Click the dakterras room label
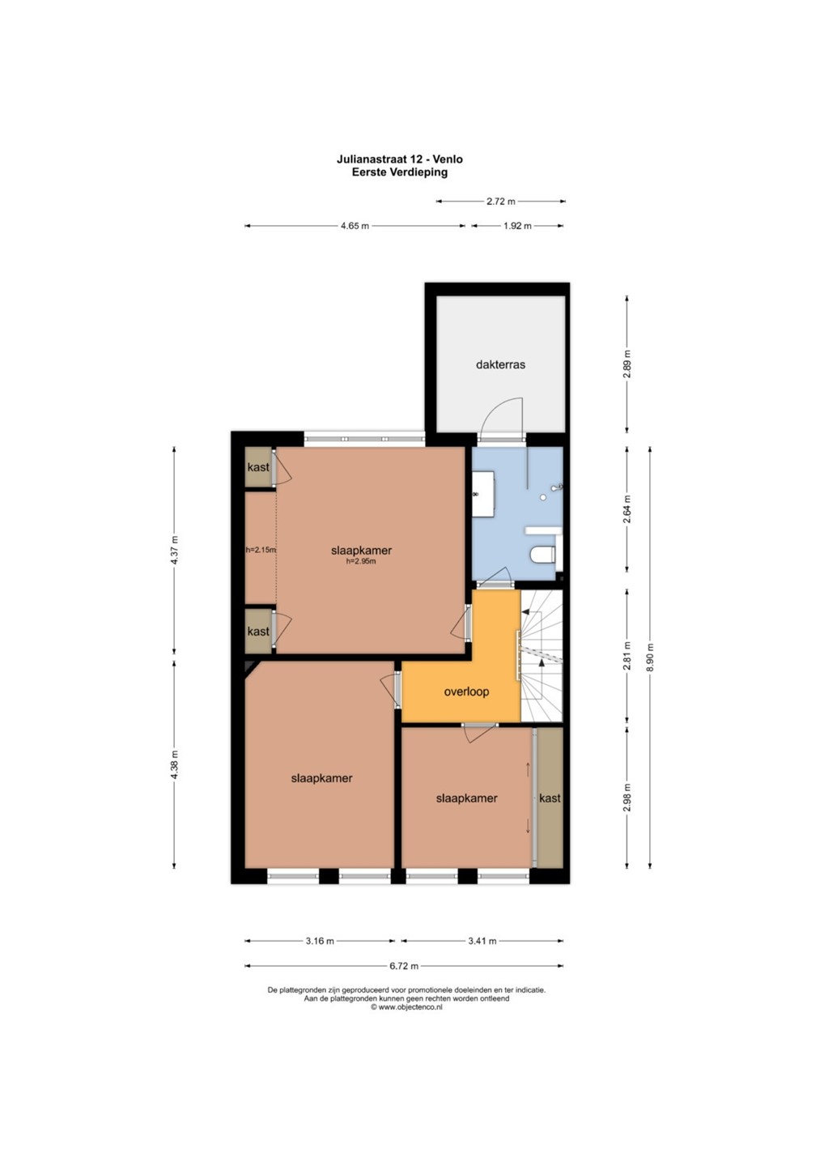click(x=500, y=364)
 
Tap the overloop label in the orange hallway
click(x=466, y=692)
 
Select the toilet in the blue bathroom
click(x=543, y=555)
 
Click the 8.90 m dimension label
click(x=650, y=657)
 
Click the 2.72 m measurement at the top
click(x=501, y=202)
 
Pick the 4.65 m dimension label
click(x=355, y=226)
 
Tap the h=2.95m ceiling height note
click(x=361, y=562)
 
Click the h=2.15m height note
click(x=261, y=550)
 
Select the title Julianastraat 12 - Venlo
click(x=400, y=159)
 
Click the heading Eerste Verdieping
click(x=400, y=172)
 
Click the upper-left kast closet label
click(x=258, y=467)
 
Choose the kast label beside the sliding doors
click(x=550, y=798)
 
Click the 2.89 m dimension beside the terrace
click(x=626, y=364)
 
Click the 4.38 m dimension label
click(x=174, y=764)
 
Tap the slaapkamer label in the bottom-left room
click(x=321, y=778)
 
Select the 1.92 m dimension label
click(x=517, y=226)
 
